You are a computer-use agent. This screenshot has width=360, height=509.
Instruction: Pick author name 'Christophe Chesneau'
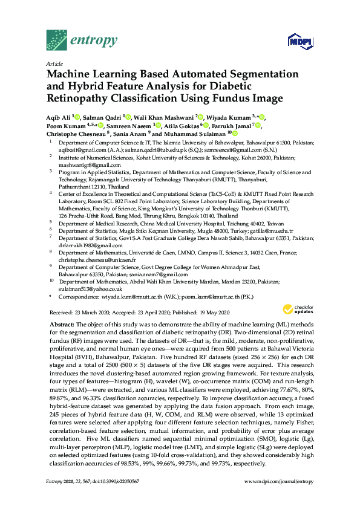[75, 134]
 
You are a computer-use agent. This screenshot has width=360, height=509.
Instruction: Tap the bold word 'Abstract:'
[62, 325]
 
